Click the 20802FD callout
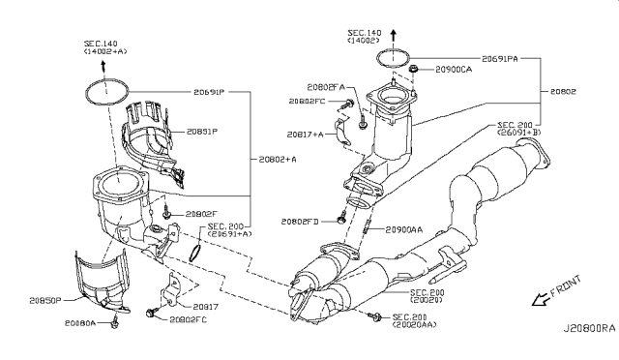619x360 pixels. pyautogui.click(x=302, y=222)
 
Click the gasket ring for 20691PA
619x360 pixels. pyautogui.click(x=388, y=57)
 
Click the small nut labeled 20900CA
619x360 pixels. pyautogui.click(x=413, y=70)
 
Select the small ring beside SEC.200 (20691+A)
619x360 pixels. pyautogui.click(x=195, y=254)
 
